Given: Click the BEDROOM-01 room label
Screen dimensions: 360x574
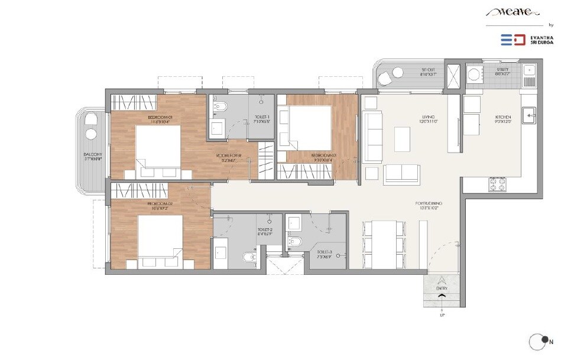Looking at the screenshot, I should click(160, 117).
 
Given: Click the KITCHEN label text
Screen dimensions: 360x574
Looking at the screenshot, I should click(503, 117).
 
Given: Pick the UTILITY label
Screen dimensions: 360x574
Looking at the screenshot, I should click(502, 70).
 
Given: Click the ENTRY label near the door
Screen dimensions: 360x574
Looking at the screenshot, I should click(442, 288).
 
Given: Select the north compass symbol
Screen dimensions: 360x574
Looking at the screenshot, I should click(537, 341).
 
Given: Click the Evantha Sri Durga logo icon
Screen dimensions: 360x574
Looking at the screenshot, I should click(513, 40).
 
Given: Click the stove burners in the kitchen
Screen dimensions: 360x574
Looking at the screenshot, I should click(495, 184).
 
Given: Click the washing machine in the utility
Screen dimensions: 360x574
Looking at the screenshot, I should click(474, 74).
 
